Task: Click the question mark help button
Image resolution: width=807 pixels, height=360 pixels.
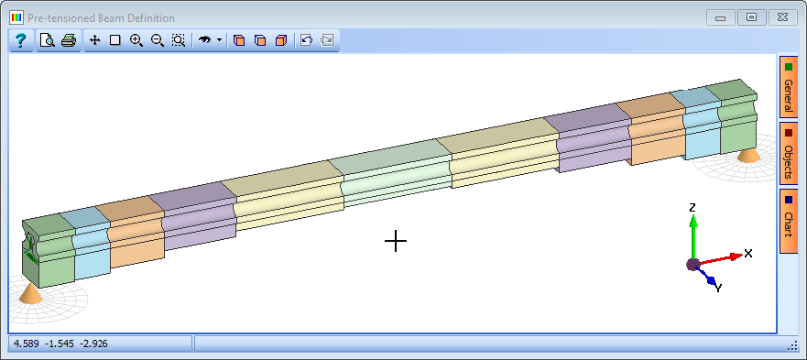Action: point(20,40)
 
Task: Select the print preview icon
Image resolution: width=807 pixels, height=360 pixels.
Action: point(48,40)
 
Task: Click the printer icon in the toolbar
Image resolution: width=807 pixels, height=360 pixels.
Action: point(69,40)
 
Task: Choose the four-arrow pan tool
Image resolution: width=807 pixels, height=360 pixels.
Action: point(94,40)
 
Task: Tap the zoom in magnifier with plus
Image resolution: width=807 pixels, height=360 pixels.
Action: point(136,40)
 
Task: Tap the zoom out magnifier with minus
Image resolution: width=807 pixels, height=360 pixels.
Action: point(158,40)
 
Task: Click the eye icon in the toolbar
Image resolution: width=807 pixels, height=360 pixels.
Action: point(205,39)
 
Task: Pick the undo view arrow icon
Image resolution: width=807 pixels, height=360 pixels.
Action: point(306,40)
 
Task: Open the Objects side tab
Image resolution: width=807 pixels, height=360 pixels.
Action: point(788,154)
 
